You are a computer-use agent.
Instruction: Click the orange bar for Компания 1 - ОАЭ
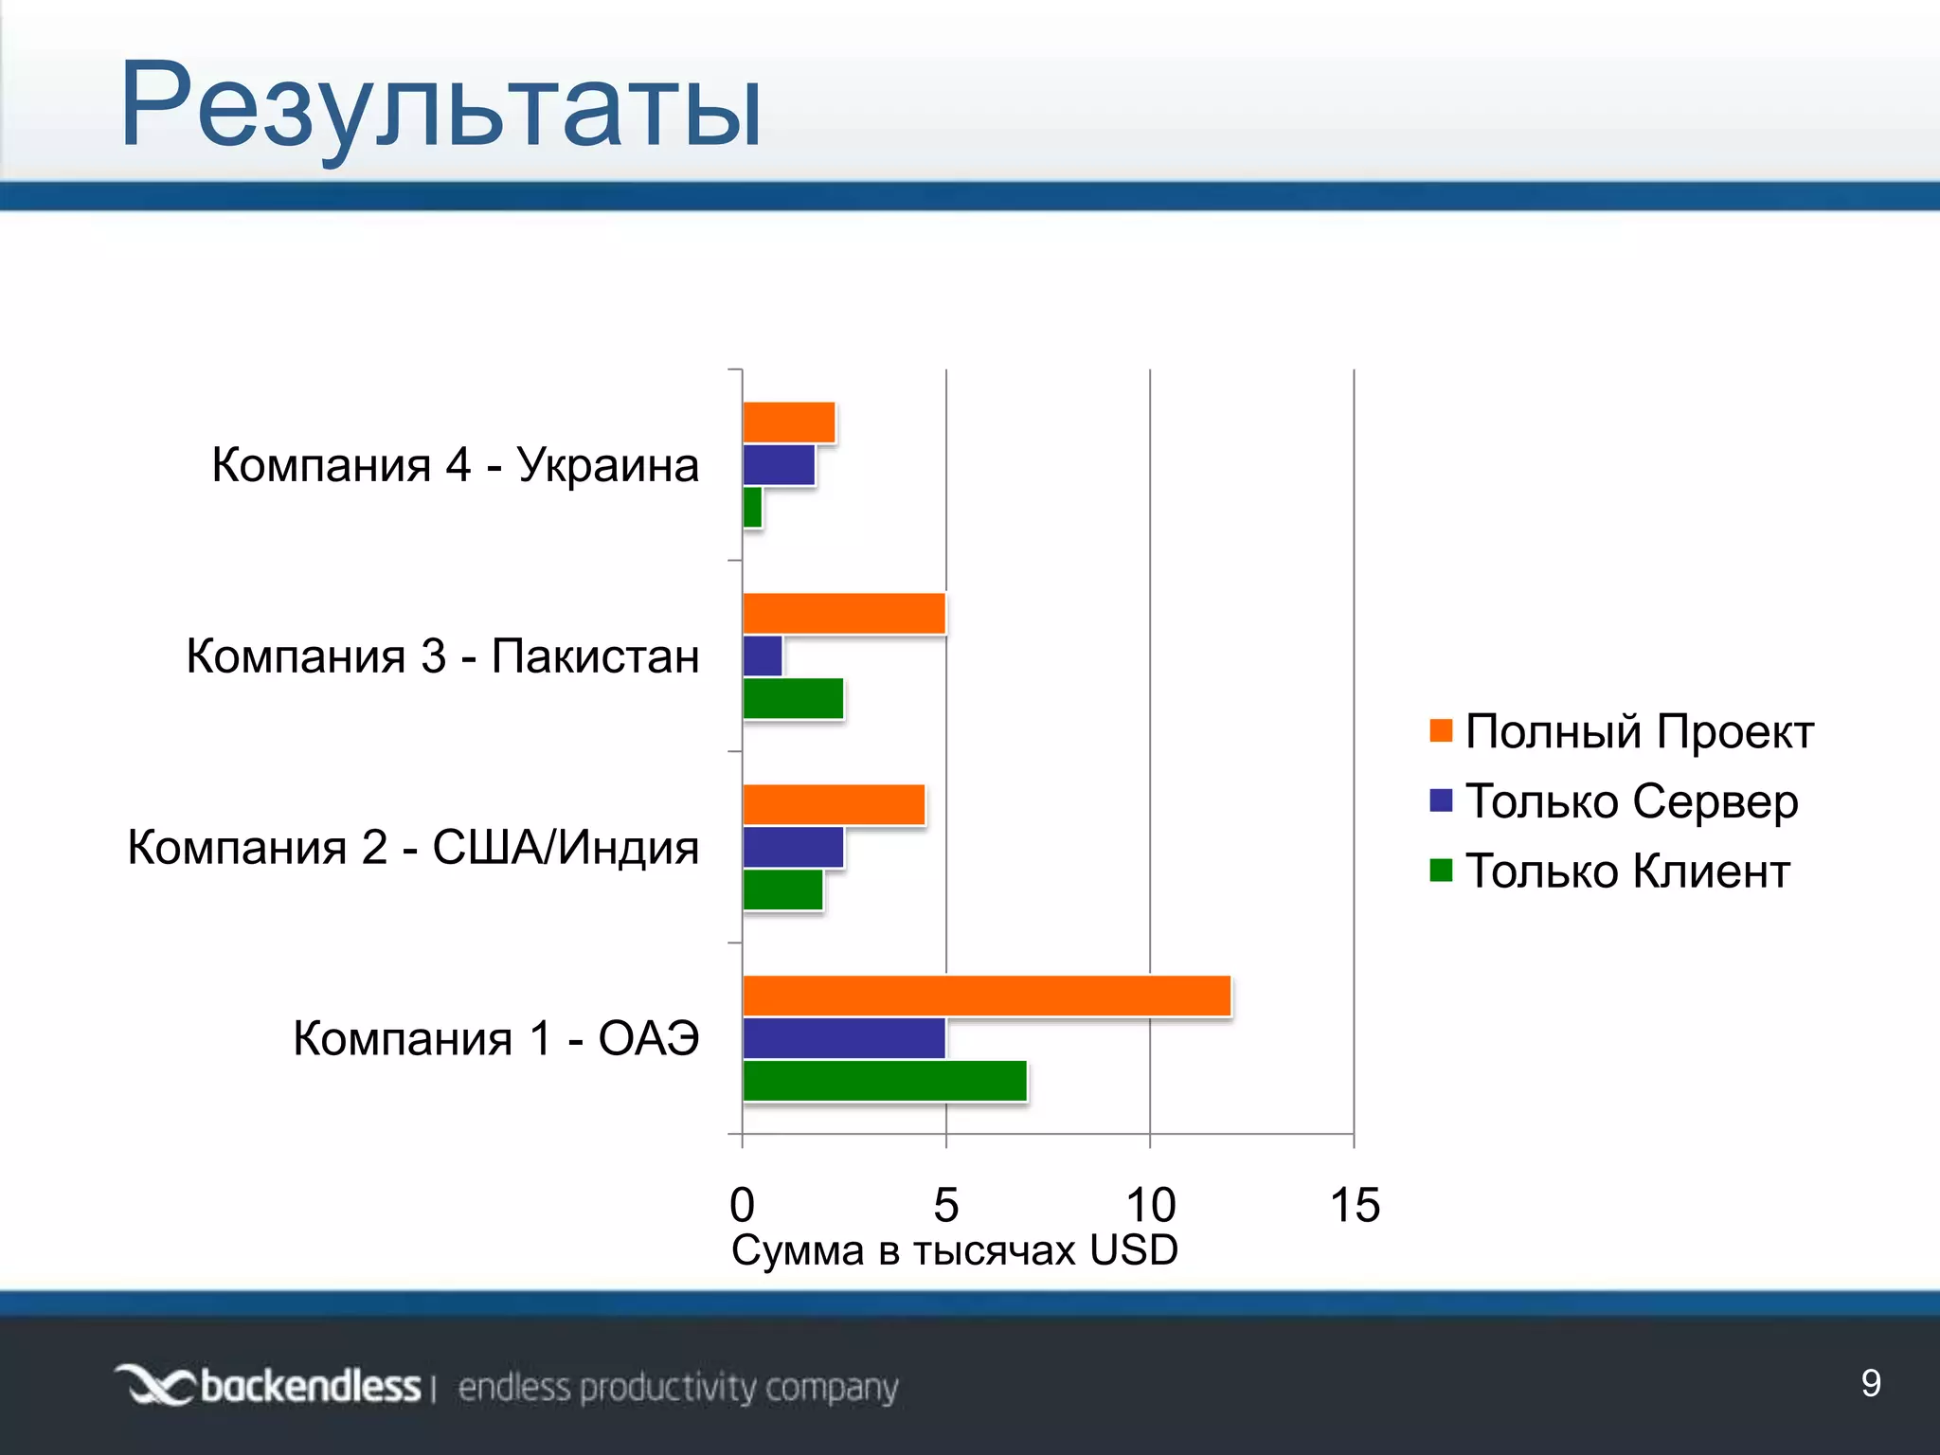[986, 996]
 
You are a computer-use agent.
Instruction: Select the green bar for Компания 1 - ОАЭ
[885, 1081]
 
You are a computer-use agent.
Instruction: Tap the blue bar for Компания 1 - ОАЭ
[844, 1038]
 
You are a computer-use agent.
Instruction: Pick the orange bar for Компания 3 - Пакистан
[844, 613]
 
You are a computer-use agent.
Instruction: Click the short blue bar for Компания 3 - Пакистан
[763, 656]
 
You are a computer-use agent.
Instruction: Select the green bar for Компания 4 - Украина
[752, 508]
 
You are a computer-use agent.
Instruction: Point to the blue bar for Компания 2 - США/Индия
[793, 847]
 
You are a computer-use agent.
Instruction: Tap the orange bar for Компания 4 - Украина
[789, 422]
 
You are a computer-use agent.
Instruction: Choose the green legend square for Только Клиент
[1441, 871]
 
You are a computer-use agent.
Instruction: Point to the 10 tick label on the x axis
[1150, 1205]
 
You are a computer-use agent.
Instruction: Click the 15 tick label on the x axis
[1355, 1205]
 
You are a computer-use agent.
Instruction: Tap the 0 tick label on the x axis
[743, 1205]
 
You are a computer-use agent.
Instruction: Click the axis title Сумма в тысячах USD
[955, 1250]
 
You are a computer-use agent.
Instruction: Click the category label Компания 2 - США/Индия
[413, 847]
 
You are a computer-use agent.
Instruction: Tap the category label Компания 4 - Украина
[455, 465]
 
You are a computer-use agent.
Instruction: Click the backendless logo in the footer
[269, 1386]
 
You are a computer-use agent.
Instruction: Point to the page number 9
[1871, 1383]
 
